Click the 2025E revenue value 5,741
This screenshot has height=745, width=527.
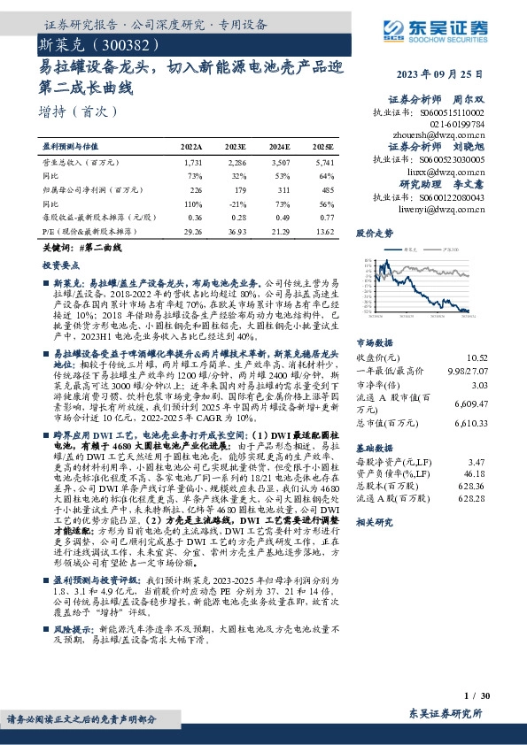[x=322, y=163]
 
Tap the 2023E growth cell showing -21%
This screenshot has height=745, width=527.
[x=236, y=203]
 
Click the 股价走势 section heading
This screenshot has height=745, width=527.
[x=373, y=234]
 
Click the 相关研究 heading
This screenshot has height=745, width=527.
[x=373, y=523]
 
